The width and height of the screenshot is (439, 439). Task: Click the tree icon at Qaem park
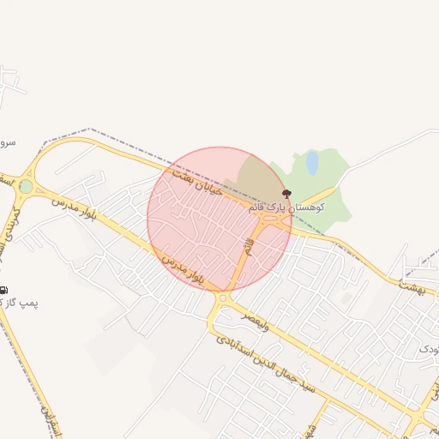tap(286, 195)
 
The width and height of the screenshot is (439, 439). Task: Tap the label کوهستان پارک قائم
tap(286, 207)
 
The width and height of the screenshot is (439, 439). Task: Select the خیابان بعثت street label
tap(197, 181)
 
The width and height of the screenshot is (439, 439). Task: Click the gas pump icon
tap(4, 290)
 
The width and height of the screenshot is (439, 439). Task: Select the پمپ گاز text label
tap(20, 303)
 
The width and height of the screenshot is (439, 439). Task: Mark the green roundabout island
tap(26, 186)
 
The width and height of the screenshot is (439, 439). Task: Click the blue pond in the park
tap(312, 162)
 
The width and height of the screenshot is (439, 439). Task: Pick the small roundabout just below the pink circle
tap(224, 298)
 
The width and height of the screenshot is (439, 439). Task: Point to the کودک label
tap(429, 350)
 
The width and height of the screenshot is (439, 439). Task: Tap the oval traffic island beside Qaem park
tap(273, 220)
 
